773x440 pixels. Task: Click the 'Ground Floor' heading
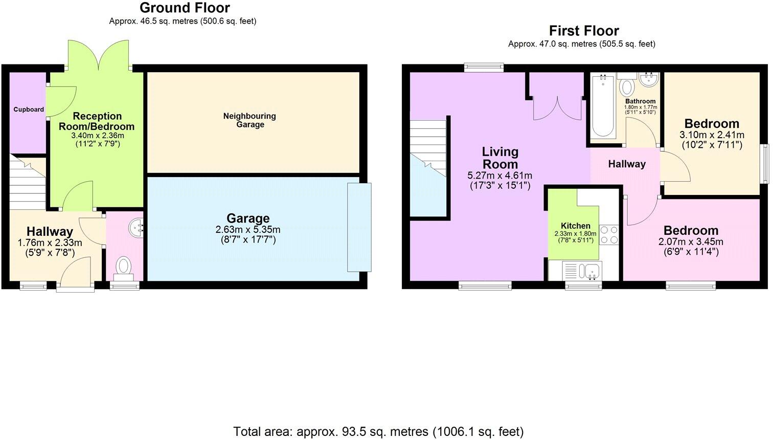pyautogui.click(x=184, y=8)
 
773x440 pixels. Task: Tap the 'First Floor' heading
pyautogui.click(x=584, y=31)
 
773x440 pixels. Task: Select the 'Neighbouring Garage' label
pyautogui.click(x=249, y=120)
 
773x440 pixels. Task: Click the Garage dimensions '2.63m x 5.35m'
pyautogui.click(x=248, y=230)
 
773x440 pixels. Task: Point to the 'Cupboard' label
pyautogui.click(x=29, y=109)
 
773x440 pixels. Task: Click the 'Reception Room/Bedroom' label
pyautogui.click(x=97, y=121)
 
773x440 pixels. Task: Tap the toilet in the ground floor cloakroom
pyautogui.click(x=123, y=267)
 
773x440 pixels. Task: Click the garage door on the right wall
pyautogui.click(x=359, y=227)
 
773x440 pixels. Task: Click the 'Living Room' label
pyautogui.click(x=500, y=158)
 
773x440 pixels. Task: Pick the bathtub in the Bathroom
pyautogui.click(x=603, y=106)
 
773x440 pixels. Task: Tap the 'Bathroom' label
pyautogui.click(x=640, y=101)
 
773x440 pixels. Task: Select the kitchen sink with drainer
pyautogui.click(x=582, y=270)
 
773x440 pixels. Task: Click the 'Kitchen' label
pyautogui.click(x=575, y=226)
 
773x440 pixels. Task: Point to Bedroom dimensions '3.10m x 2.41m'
pyautogui.click(x=712, y=135)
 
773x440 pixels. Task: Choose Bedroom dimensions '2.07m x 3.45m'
pyautogui.click(x=691, y=241)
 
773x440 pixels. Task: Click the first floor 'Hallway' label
pyautogui.click(x=626, y=164)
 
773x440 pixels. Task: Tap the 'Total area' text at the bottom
pyautogui.click(x=378, y=431)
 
